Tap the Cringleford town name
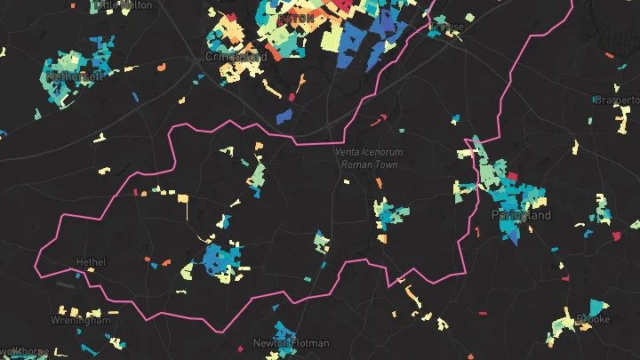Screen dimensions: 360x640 236,56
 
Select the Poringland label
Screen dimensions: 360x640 521,215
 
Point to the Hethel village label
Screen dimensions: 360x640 92,262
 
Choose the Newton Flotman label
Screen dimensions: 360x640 291,343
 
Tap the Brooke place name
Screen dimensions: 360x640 594,318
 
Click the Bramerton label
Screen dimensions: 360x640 617,100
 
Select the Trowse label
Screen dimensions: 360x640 446,27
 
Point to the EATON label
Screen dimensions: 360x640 296,17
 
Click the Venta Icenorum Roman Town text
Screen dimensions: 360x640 368,157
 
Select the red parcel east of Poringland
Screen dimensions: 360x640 615,236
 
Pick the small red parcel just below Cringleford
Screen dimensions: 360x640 291,95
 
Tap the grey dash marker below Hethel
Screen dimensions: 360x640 65,285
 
